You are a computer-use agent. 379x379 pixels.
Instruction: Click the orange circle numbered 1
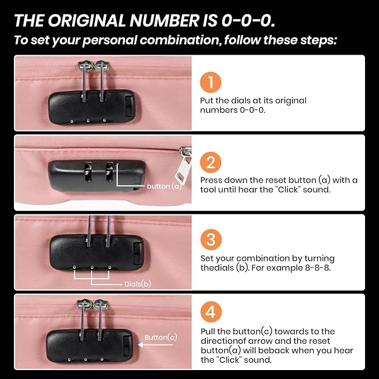(x=210, y=82)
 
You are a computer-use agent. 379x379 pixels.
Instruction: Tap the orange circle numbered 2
(x=210, y=162)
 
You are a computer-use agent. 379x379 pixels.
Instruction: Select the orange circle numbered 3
(x=211, y=239)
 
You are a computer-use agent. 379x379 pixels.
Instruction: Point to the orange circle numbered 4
(x=211, y=312)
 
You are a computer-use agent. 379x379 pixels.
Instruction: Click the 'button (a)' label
(x=164, y=186)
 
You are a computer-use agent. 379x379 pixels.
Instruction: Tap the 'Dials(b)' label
(x=138, y=284)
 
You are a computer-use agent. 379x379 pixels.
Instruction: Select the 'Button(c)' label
(x=161, y=337)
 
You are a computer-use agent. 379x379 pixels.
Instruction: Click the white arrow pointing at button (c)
(x=155, y=345)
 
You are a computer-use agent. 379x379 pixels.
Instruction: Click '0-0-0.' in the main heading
(x=248, y=20)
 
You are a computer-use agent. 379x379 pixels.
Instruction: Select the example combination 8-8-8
(x=318, y=268)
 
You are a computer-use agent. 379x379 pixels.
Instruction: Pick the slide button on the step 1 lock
(x=129, y=106)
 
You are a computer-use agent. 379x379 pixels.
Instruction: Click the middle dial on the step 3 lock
(x=92, y=267)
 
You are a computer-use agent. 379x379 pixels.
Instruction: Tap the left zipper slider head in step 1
(x=85, y=66)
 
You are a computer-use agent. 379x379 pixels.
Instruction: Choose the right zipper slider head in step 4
(x=100, y=304)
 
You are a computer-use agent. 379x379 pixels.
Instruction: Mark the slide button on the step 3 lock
(x=138, y=253)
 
